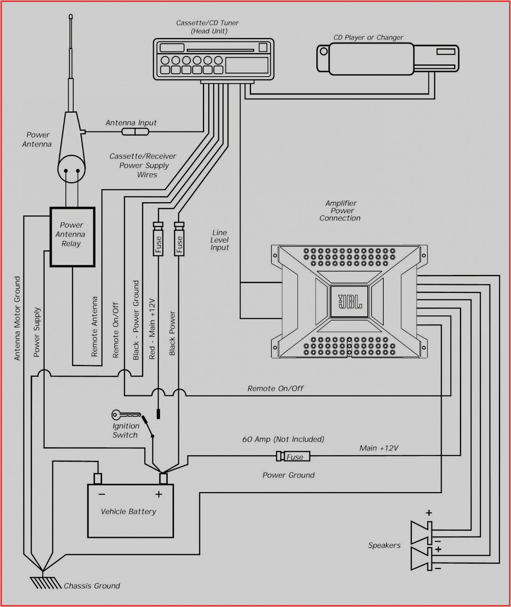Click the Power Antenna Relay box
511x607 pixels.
click(x=72, y=237)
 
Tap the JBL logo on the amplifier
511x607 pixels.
click(x=350, y=302)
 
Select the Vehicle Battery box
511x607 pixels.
click(x=130, y=511)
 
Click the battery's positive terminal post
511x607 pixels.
click(x=163, y=478)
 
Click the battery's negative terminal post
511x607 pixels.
click(x=98, y=478)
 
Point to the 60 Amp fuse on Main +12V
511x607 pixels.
click(x=293, y=456)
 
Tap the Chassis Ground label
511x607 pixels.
click(x=92, y=585)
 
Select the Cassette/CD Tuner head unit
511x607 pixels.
click(x=213, y=59)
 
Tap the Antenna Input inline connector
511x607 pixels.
click(x=135, y=132)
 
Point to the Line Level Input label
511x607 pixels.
click(x=220, y=240)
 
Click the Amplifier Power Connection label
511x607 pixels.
click(x=340, y=211)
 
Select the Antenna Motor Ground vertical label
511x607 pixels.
click(x=17, y=318)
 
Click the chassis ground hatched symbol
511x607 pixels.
click(x=45, y=583)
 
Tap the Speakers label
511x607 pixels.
click(x=384, y=545)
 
